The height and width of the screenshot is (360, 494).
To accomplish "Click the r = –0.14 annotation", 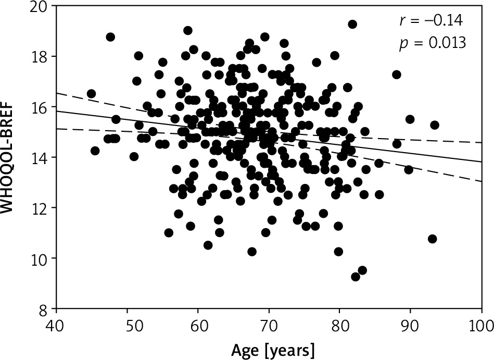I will (x=430, y=21).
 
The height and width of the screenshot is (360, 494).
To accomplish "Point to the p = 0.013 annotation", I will (x=432, y=43).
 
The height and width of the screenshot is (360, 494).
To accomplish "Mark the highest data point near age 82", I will (x=352, y=24).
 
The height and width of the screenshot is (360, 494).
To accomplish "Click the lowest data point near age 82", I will (x=356, y=277).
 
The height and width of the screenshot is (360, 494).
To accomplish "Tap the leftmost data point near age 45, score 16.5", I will (x=91, y=94).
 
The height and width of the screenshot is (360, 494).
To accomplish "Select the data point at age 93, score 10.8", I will (x=432, y=239).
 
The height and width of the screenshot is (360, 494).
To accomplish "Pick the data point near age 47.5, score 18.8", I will (x=110, y=37).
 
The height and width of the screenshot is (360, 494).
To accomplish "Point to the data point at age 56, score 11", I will (x=169, y=233).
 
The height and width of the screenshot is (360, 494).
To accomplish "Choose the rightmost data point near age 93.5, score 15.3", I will (x=435, y=125).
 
